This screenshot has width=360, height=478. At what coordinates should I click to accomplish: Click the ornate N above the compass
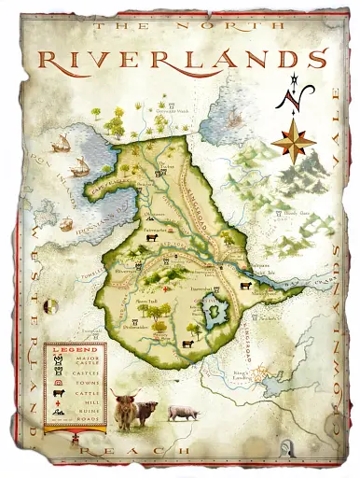coord(298,92)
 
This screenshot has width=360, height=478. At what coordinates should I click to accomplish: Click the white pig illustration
coord(183,411)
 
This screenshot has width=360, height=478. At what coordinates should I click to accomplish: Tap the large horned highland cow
coord(126,409)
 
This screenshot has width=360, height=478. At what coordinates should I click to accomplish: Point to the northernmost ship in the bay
coord(62,143)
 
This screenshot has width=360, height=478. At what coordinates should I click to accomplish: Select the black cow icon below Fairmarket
coord(149,238)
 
